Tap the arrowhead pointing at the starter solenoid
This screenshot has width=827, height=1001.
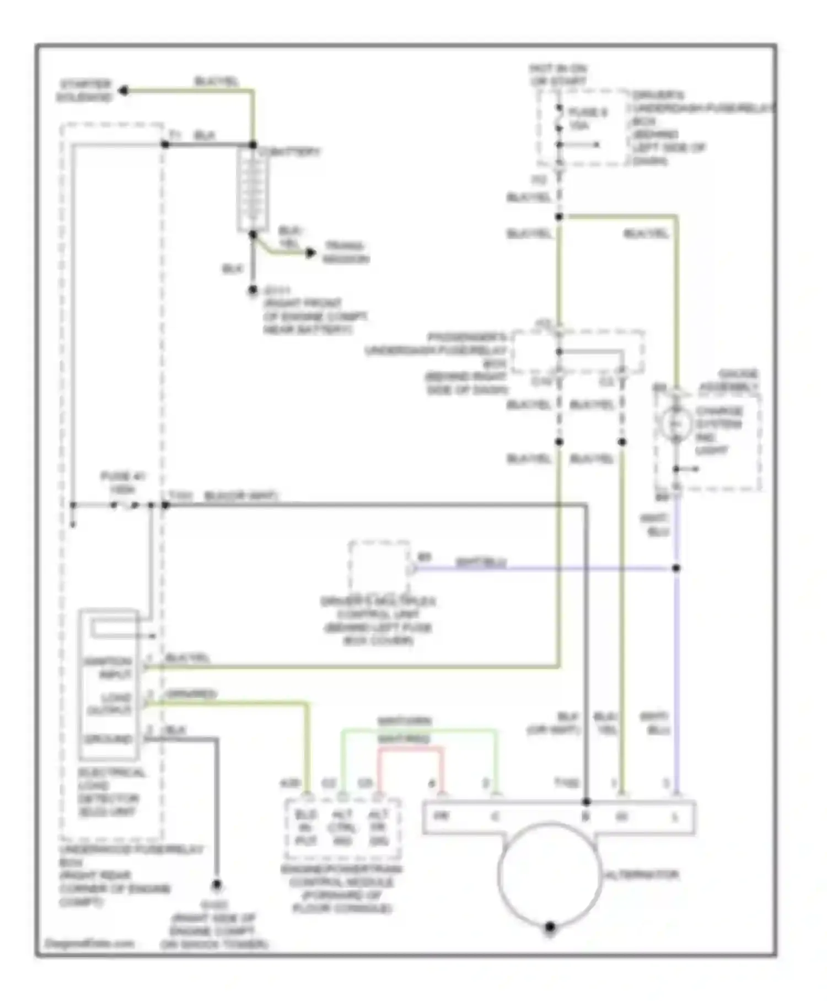[124, 90]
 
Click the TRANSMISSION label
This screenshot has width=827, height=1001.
[346, 252]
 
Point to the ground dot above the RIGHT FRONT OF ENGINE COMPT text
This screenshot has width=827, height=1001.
[253, 290]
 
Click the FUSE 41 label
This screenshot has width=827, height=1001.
[122, 481]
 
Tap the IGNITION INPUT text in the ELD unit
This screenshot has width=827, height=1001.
[108, 668]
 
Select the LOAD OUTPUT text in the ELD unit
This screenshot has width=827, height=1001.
[110, 704]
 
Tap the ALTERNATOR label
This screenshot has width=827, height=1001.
[642, 875]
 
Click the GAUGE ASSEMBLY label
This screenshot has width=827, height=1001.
[729, 381]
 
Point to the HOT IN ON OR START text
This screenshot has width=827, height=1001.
[559, 75]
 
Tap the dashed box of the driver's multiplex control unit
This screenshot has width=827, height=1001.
[379, 568]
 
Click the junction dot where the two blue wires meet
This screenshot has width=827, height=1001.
[676, 568]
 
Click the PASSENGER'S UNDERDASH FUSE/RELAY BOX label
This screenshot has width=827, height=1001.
[466, 363]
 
